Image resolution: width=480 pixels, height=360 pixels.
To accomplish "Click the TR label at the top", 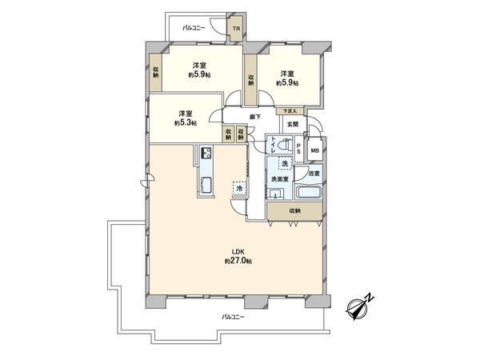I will (x=235, y=30).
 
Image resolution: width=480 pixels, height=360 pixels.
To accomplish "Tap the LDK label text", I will (x=238, y=252).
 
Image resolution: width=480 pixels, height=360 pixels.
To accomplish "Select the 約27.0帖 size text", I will (x=238, y=262).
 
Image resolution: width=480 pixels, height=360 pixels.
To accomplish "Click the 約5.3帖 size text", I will (x=186, y=123).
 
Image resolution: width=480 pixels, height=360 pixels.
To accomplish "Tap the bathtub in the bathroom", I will (x=308, y=194).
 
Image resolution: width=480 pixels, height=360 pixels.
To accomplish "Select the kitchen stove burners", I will (x=206, y=153).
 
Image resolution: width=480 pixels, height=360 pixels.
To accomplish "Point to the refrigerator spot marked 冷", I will (x=240, y=188).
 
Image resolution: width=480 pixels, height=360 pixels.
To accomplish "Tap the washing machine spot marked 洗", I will (x=283, y=163).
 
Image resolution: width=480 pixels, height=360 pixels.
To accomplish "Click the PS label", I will (x=299, y=150).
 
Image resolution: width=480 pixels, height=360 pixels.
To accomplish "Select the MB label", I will (x=315, y=150).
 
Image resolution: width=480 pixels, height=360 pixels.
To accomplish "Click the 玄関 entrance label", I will (x=293, y=125).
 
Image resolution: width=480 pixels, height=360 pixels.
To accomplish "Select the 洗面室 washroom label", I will (x=280, y=179).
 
